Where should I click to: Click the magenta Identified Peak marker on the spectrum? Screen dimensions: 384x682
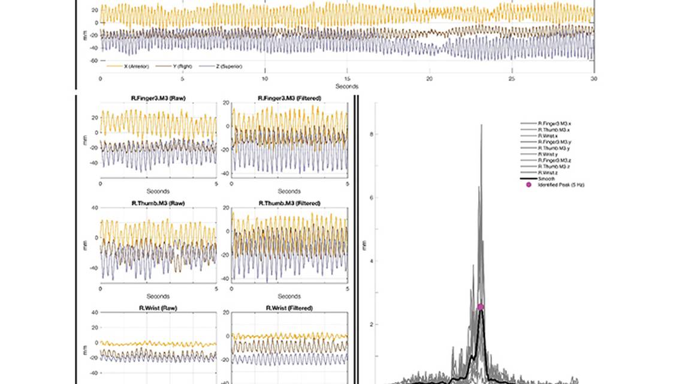pos(480,307)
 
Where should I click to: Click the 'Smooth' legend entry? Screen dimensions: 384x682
pos(547,179)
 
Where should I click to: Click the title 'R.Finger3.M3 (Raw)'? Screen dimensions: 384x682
pos(158,98)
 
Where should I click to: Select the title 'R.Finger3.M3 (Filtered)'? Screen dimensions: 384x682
pos(289,98)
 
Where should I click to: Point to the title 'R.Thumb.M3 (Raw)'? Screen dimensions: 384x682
pos(158,203)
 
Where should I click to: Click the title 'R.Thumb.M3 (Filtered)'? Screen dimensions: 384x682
pos(289,203)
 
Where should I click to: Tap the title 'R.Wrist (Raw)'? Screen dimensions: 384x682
pos(158,308)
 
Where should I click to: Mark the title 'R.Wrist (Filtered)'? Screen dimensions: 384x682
pos(289,308)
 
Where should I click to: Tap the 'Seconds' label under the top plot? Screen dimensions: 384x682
pos(347,86)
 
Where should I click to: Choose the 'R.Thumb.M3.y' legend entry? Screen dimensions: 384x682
pos(554,148)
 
